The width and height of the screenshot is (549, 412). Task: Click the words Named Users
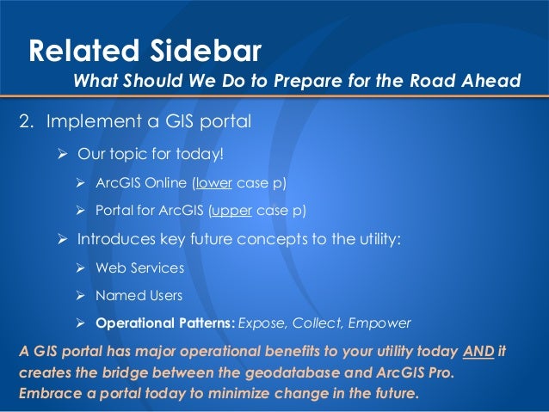click(x=139, y=296)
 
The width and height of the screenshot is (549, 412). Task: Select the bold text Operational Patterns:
click(x=164, y=324)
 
